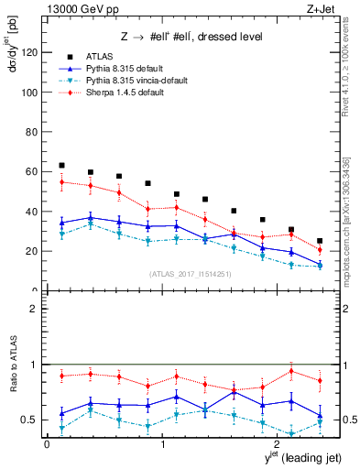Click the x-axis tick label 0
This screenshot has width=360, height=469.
47,445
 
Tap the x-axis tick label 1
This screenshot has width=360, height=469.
162,445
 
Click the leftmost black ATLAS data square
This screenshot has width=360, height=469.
61,166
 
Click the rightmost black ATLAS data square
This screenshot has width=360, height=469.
320,241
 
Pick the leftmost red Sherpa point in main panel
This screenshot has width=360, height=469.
61,182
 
